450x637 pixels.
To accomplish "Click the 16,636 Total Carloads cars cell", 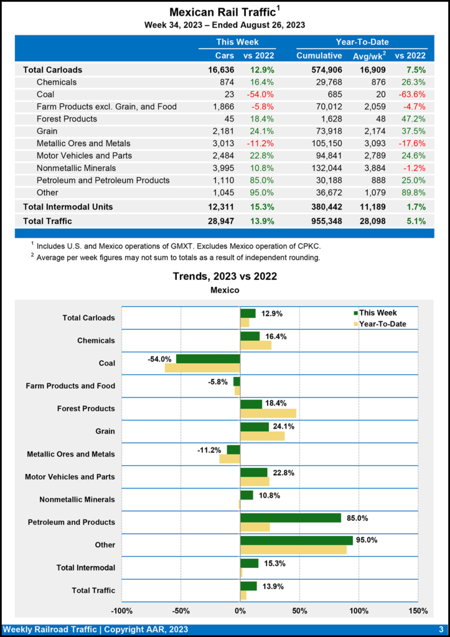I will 221,70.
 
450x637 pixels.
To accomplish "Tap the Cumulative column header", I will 319,55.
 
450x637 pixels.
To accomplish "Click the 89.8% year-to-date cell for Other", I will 413,193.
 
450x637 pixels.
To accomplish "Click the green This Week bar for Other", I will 296,541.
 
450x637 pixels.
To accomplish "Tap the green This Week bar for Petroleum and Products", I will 291,518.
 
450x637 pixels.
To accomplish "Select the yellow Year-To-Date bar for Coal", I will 202,368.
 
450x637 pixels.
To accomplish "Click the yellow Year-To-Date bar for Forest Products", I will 268,413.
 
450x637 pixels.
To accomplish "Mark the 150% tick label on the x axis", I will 418,610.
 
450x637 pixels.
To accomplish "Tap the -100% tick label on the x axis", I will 122,610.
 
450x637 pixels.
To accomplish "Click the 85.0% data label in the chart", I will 356,518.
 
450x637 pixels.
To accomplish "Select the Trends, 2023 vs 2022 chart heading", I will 225,276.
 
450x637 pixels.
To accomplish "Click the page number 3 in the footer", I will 441,630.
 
